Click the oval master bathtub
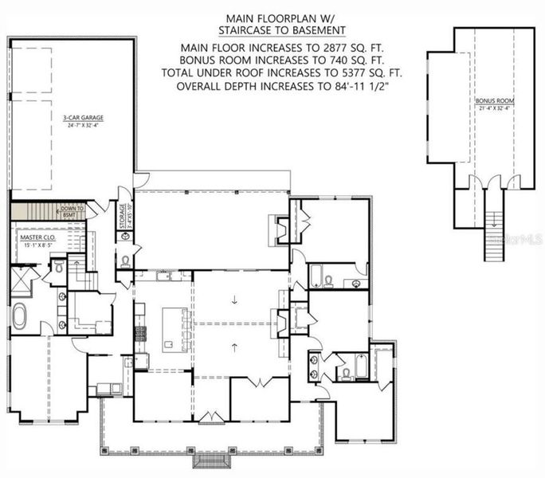[x=20, y=316]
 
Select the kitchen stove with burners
[x=140, y=332]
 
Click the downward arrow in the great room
[x=235, y=300]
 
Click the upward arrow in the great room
[x=235, y=346]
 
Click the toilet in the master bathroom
[x=57, y=270]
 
